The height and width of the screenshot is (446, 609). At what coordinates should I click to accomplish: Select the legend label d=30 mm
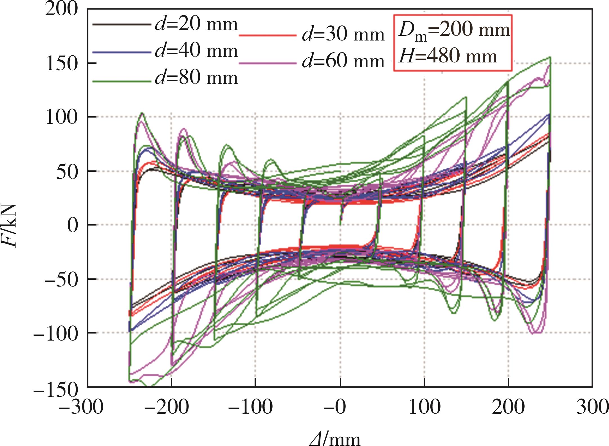coord(343,35)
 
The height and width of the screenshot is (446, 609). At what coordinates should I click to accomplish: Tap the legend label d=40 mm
coord(196,51)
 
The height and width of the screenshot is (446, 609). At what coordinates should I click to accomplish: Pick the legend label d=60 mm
coord(343,61)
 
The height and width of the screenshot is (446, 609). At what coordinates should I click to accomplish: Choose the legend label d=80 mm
coord(196,77)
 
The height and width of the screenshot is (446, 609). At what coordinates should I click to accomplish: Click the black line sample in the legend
coord(122,25)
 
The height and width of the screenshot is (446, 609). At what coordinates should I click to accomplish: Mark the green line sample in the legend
coord(122,82)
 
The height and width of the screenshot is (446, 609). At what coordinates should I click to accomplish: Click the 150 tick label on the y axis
coord(61,64)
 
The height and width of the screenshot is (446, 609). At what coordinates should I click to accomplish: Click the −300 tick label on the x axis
coord(82,407)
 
